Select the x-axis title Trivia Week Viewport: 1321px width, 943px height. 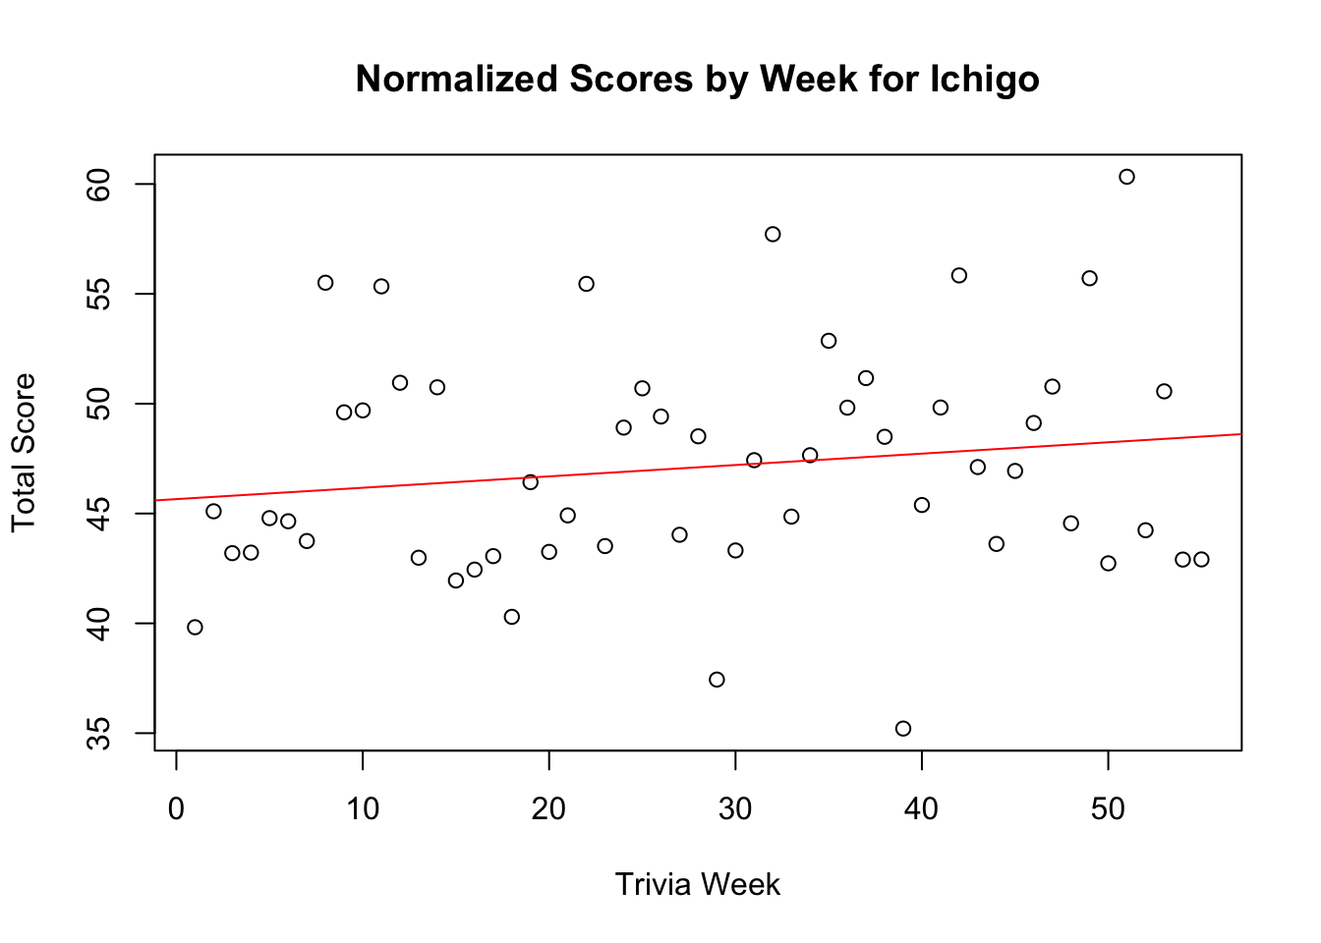tap(697, 885)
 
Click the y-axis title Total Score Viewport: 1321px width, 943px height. tap(24, 453)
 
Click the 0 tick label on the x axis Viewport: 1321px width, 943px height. tap(176, 809)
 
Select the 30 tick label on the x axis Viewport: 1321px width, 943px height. tap(735, 809)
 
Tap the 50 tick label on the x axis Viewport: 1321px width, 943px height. tap(1108, 809)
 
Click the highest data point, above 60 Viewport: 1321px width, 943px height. tap(1126, 177)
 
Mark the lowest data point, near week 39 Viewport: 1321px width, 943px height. tap(903, 728)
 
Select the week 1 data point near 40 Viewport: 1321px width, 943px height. tap(195, 627)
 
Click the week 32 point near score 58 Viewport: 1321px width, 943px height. tap(773, 234)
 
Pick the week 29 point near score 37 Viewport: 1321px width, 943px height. tap(717, 680)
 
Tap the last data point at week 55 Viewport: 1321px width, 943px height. tap(1201, 559)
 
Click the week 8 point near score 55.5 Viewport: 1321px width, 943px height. tap(325, 283)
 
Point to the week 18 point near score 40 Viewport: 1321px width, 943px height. tap(511, 617)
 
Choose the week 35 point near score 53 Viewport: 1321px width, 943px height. tap(829, 341)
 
